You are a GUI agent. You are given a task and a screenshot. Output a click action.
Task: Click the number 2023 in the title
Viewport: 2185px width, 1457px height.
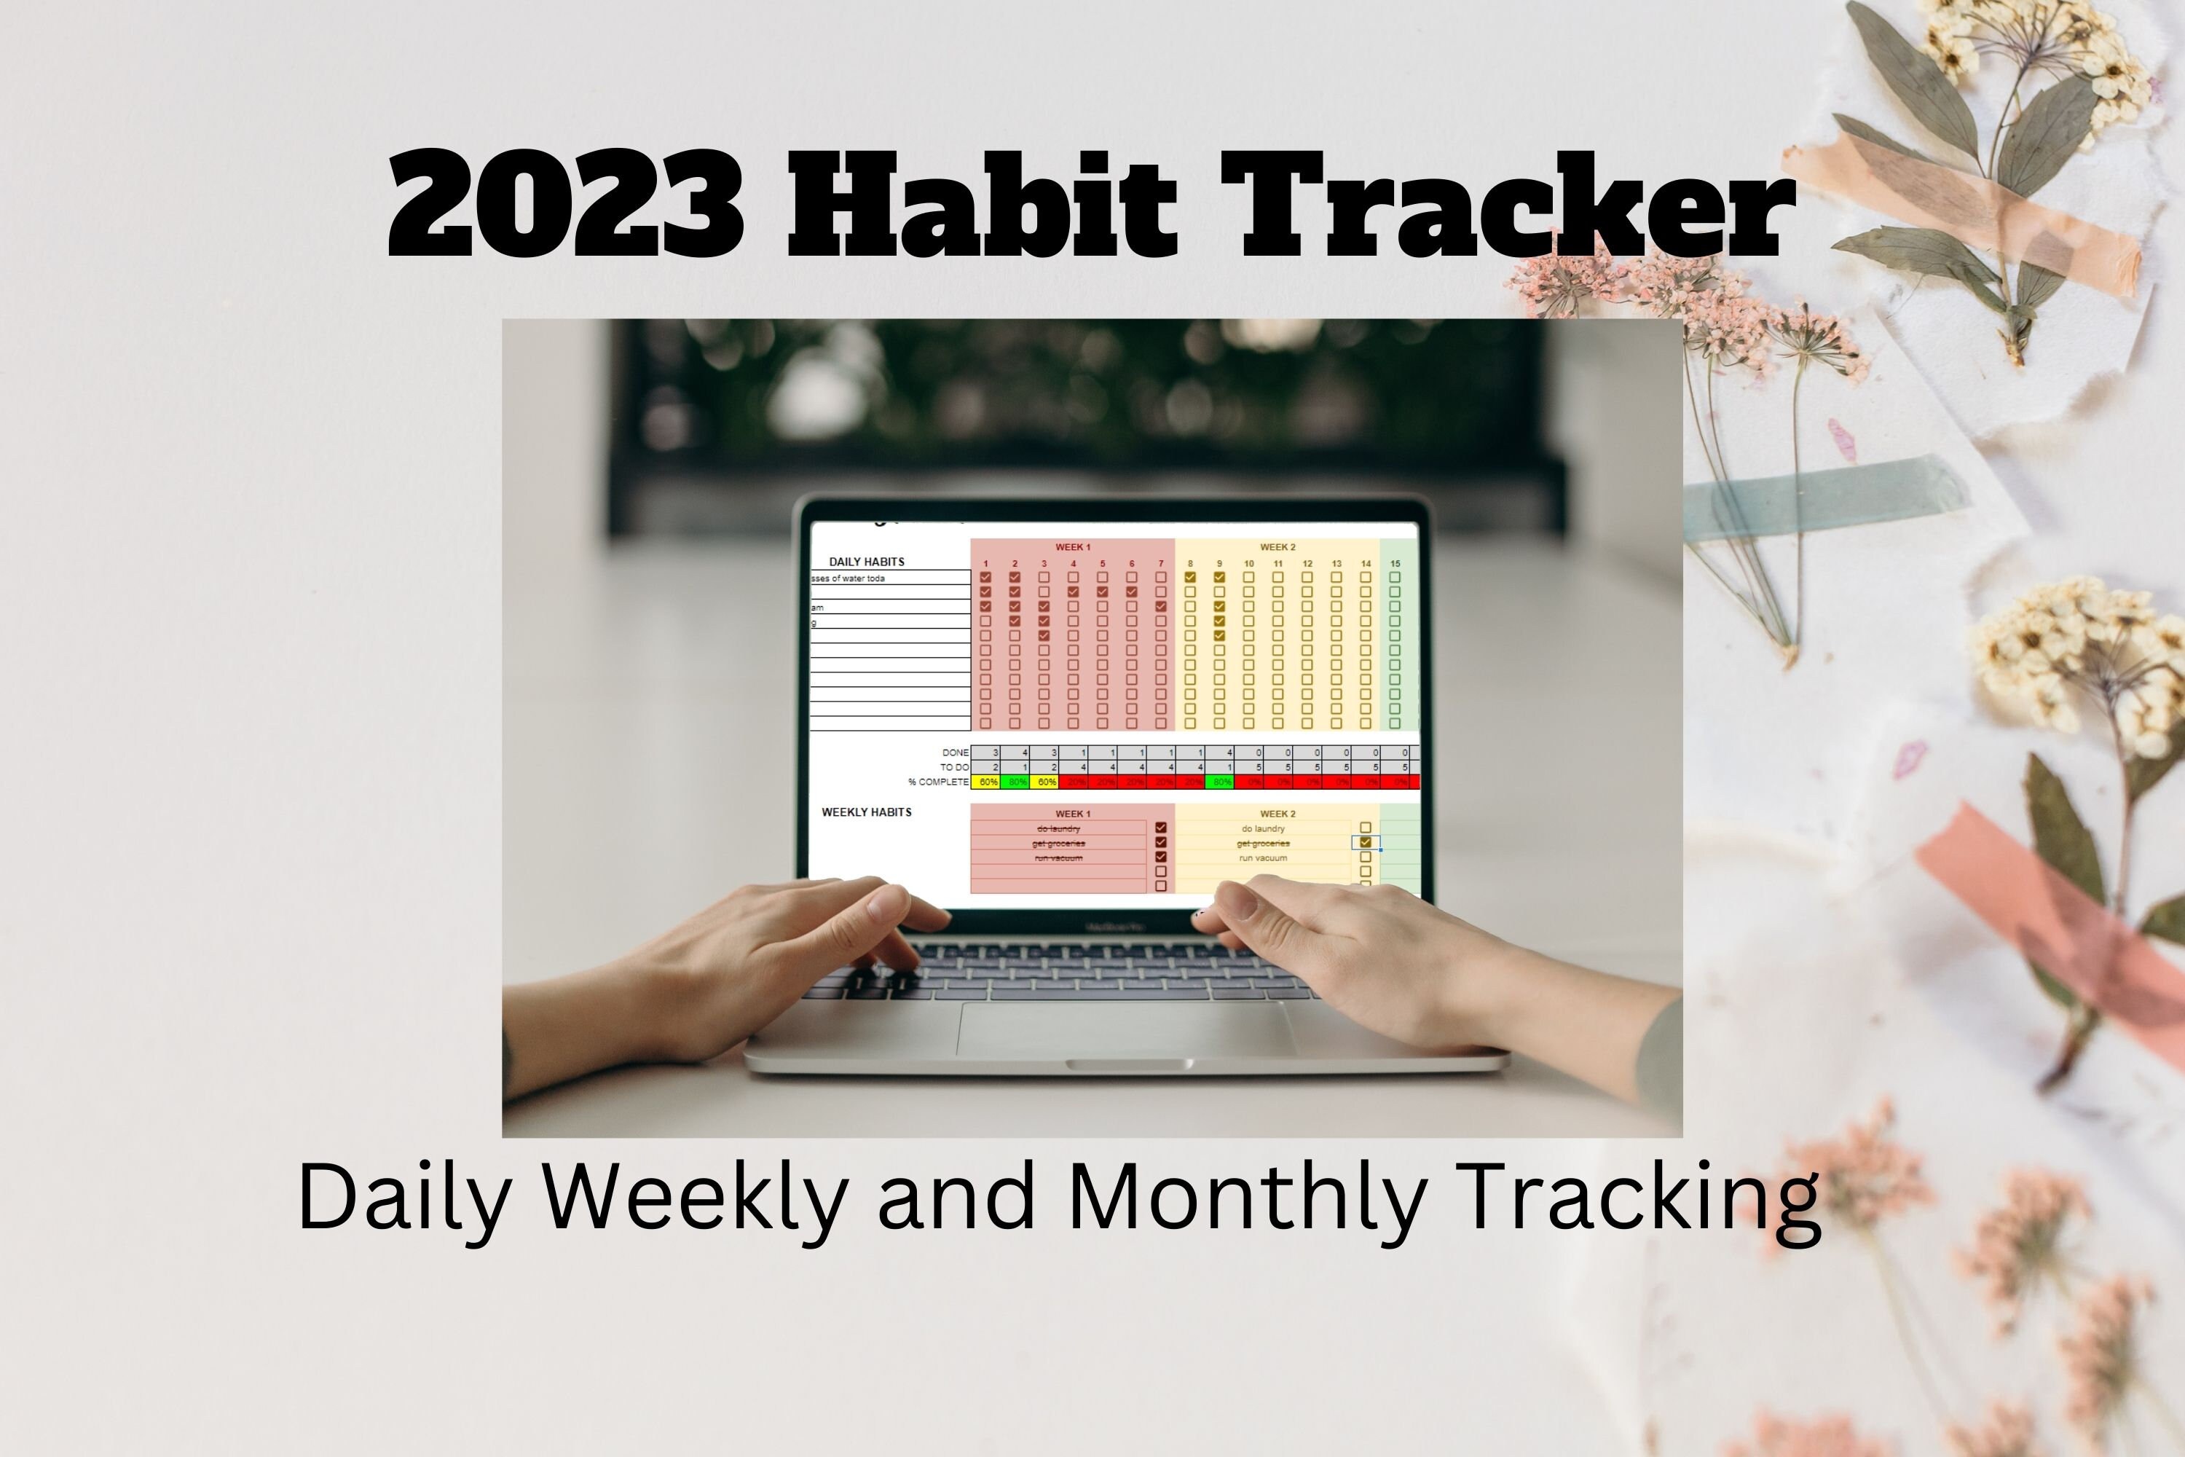(566, 205)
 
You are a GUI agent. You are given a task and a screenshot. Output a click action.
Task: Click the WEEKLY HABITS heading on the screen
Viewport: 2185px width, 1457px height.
(866, 812)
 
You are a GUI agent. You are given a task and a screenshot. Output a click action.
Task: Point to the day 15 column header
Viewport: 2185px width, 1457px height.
(1395, 564)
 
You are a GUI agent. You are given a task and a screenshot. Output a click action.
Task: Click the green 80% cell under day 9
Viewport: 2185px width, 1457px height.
(1220, 782)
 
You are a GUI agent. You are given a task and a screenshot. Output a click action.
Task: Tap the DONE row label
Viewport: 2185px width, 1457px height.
(955, 753)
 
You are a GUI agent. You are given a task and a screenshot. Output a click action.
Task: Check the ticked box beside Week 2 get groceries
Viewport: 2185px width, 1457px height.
(1365, 843)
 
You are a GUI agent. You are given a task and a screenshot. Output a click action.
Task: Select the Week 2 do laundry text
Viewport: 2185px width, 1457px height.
(1262, 829)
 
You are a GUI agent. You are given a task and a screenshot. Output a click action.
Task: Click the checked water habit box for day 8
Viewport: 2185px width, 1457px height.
(1190, 577)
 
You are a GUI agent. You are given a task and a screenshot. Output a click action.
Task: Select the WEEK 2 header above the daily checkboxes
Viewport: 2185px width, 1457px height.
(1277, 547)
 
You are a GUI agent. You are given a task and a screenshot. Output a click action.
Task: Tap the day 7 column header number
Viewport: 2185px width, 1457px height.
(1160, 564)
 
